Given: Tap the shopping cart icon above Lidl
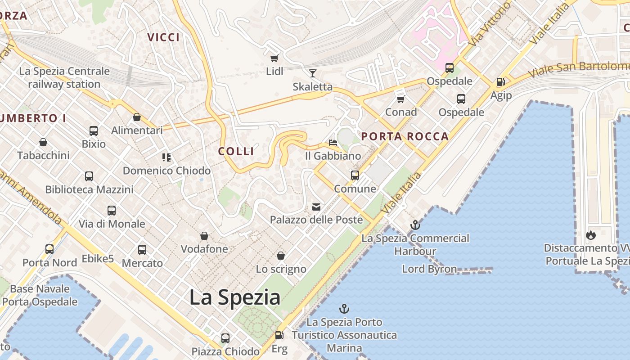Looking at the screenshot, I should coord(274,58).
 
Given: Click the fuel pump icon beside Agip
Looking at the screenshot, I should coord(500,82).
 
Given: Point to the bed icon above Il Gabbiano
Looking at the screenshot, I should coord(333,143).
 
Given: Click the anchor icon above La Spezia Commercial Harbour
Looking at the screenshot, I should coord(415,225).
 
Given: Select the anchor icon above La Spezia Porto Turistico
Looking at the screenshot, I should coord(344,309).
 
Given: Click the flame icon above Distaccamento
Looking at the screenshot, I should coord(591,235).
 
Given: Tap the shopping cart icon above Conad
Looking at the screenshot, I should coord(400,99).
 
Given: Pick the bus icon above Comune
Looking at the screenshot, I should coord(355,175).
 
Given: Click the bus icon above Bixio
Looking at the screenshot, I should coord(94,131).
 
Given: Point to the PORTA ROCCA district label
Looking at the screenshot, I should coord(405,136).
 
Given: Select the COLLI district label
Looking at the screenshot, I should coord(236,151).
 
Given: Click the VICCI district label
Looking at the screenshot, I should coord(164,37).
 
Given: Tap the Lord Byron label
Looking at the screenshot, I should coord(429,269).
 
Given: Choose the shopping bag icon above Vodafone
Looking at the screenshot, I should coord(204,236).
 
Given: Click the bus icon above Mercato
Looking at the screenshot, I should coord(142,250).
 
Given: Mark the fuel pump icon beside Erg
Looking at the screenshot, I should coord(279,335).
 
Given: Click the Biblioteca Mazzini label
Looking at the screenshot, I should coord(89,189).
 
